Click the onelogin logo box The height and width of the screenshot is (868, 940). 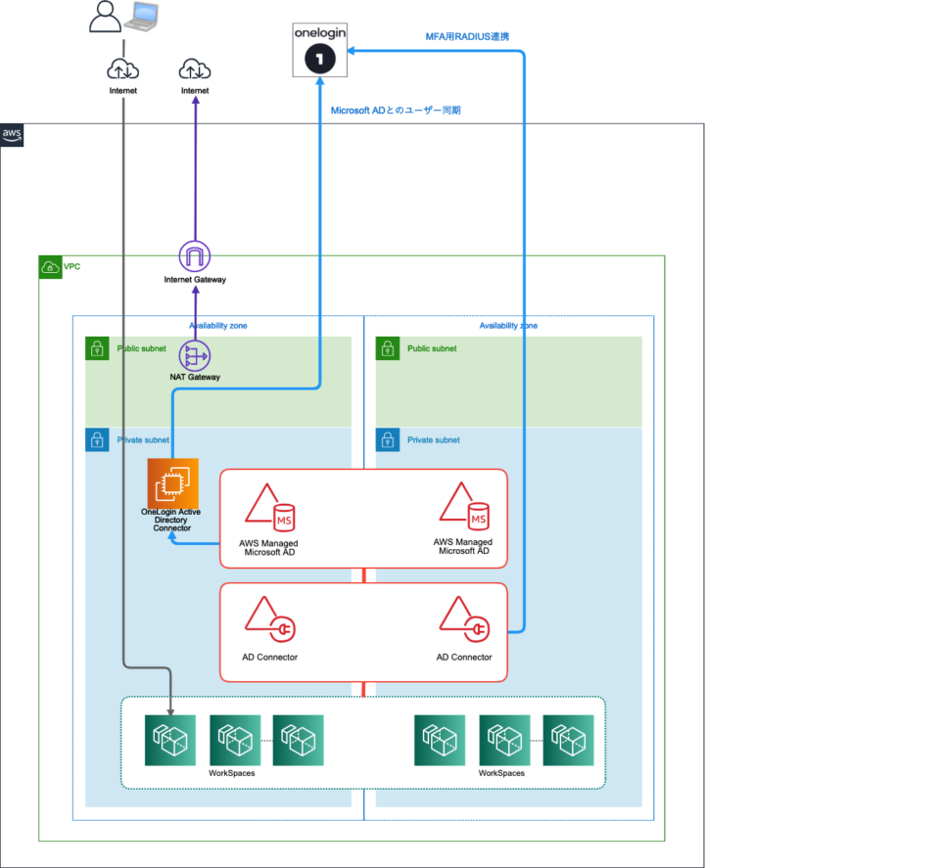[x=321, y=50]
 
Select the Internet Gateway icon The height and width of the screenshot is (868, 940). [x=195, y=256]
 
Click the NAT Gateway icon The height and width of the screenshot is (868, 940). [x=195, y=354]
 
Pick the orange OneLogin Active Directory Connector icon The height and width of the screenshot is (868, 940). [x=172, y=483]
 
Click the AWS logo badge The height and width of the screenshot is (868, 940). [x=12, y=135]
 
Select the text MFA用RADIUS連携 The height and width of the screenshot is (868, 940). [x=467, y=36]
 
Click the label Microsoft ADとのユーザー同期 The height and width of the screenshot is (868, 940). [x=396, y=111]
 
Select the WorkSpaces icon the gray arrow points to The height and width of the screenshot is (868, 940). [x=170, y=740]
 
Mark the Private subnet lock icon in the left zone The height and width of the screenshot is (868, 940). [x=97, y=440]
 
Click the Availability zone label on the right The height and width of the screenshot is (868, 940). [x=508, y=326]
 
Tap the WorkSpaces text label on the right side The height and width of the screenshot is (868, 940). [x=501, y=773]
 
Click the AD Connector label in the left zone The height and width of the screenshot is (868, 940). [x=269, y=657]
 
